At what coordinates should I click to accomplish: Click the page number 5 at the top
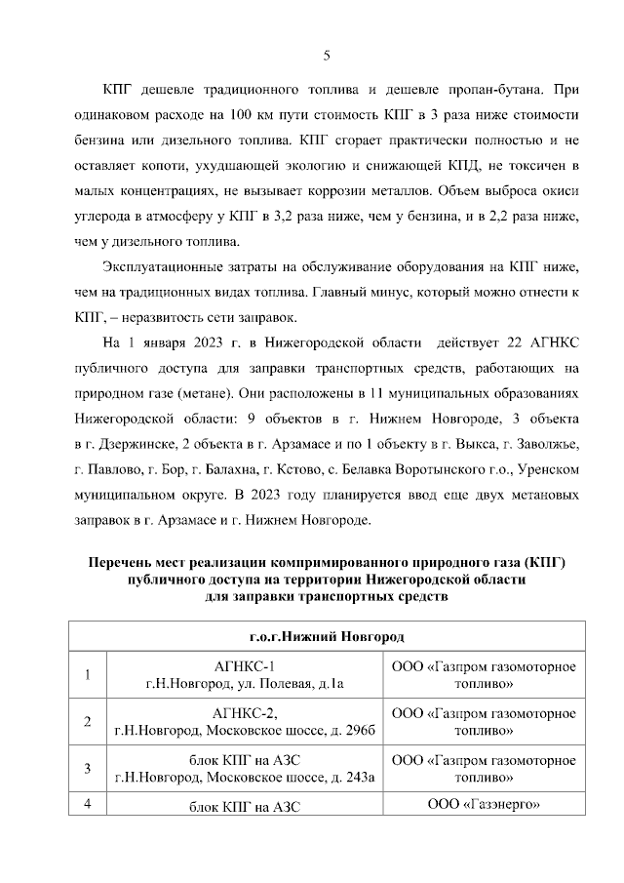(327, 54)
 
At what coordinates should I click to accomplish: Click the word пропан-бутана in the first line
(499, 90)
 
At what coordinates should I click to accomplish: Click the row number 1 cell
(89, 674)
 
